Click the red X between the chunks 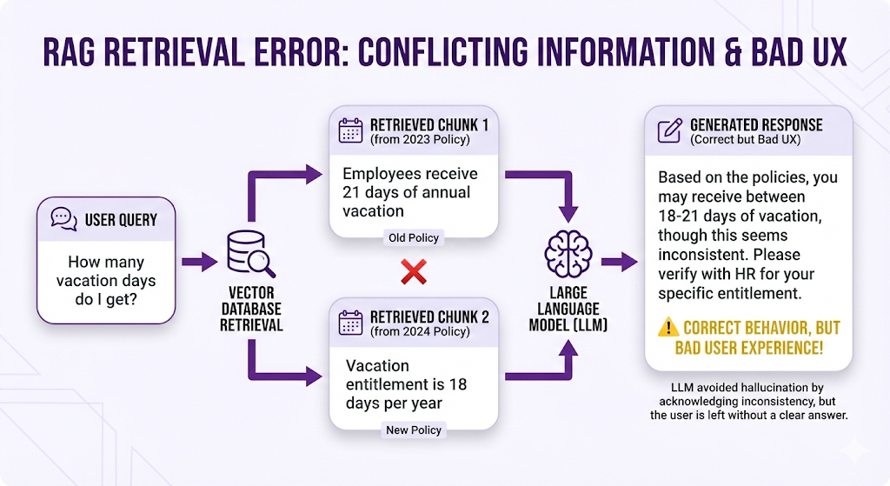[x=413, y=273]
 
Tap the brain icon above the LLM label [x=568, y=254]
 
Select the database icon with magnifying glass [x=250, y=253]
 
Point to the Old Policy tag [x=413, y=237]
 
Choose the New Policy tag [x=413, y=429]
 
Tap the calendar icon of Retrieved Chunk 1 [x=350, y=131]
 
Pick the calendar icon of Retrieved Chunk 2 [x=350, y=323]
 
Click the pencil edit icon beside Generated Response [x=670, y=131]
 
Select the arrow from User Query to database [x=199, y=260]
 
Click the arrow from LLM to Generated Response [x=618, y=260]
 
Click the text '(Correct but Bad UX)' [x=745, y=139]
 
